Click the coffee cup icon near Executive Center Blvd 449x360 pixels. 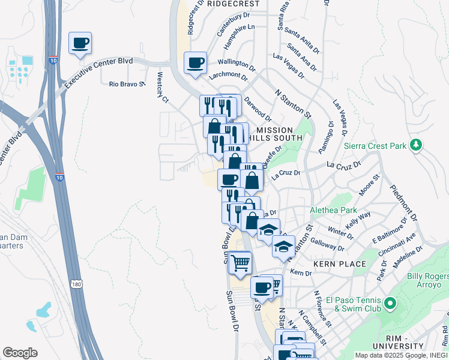click(80, 43)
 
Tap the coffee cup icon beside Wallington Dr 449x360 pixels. click(195, 62)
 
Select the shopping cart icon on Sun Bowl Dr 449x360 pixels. click(240, 262)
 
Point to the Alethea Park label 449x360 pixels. click(333, 211)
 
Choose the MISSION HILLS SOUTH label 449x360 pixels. click(274, 135)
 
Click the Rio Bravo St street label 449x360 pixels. click(128, 84)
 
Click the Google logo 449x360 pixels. click(20, 353)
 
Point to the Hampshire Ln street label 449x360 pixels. click(239, 37)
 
